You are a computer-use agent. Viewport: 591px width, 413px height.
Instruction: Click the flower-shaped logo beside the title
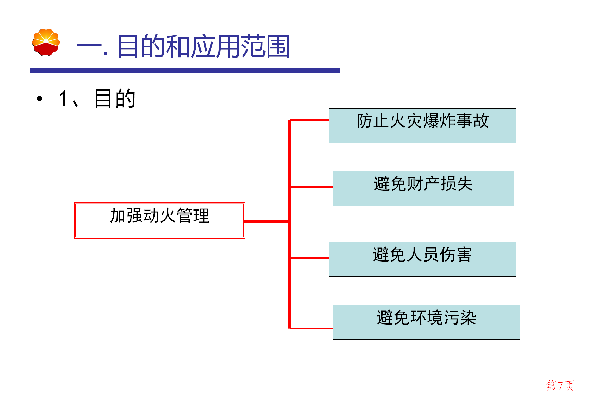tap(46, 42)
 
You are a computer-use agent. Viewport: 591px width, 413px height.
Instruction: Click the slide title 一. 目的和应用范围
tap(183, 46)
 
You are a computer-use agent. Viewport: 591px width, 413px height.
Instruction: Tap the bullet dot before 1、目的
tap(40, 98)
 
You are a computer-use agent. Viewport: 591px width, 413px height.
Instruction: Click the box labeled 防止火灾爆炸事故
tap(422, 125)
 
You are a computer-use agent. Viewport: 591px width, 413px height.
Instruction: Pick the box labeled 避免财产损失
tap(423, 188)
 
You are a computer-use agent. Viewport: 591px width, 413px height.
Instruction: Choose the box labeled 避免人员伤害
tap(422, 259)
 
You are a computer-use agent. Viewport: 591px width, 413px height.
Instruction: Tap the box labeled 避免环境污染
tap(426, 322)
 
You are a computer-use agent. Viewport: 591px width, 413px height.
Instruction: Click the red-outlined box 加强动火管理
tap(159, 220)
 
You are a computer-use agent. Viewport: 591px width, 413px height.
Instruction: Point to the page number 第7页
tap(560, 386)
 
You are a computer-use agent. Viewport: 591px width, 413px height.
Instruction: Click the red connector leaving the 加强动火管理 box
tap(266, 221)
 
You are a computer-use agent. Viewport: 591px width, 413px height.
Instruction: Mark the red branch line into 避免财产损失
tap(311, 187)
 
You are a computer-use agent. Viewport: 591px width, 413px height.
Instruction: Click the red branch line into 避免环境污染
tap(311, 328)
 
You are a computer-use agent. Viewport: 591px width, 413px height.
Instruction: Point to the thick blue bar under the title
tap(185, 70)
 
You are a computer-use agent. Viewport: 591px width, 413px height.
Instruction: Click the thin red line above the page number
tap(285, 372)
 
